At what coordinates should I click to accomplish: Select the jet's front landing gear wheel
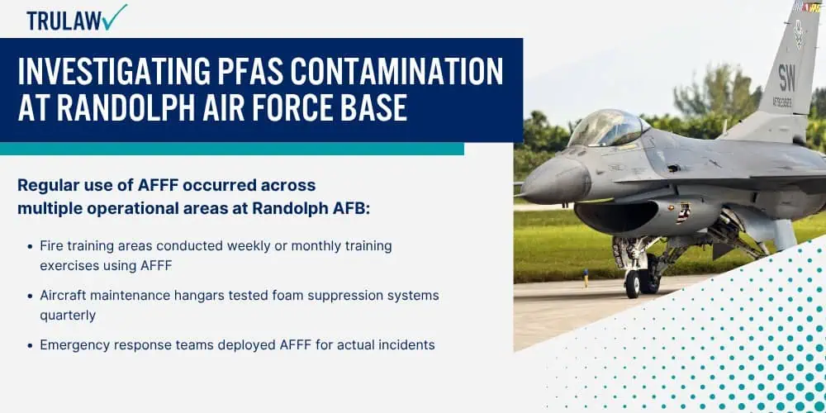(x=632, y=284)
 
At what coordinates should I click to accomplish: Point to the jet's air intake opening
(x=616, y=215)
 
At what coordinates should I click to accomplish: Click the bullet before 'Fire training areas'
(x=30, y=246)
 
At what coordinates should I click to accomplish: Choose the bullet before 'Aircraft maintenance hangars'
(x=30, y=296)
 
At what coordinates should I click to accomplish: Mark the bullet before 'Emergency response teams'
(x=30, y=345)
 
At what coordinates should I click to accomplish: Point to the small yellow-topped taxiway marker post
(x=586, y=278)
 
